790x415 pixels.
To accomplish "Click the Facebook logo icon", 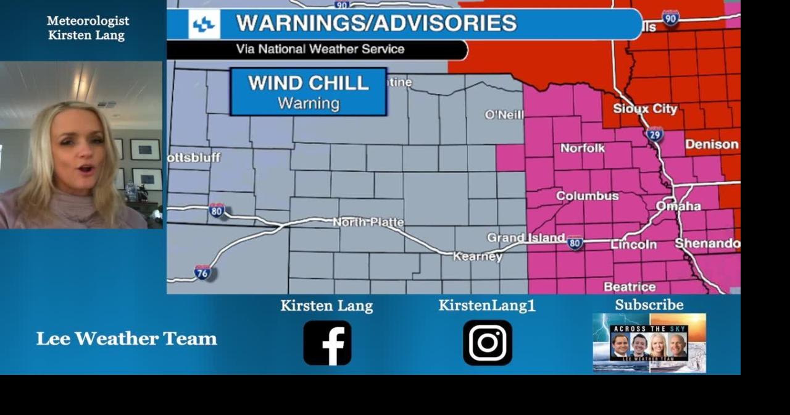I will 327,343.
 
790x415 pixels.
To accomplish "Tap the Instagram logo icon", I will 488,343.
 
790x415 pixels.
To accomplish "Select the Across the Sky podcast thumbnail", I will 649,343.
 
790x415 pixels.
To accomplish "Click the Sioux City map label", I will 644,109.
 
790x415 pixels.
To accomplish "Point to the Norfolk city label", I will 583,148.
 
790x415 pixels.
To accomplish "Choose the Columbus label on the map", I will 587,196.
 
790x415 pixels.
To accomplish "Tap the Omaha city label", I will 678,206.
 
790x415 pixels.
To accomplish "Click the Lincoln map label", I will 633,245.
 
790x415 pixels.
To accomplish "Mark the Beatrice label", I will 630,287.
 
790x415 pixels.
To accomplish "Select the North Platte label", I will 368,222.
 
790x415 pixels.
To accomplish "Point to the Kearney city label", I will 478,256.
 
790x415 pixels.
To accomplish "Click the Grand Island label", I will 525,238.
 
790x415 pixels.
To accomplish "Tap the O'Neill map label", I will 504,115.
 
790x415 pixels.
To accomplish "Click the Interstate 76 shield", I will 202,272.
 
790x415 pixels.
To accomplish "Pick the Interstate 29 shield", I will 655,134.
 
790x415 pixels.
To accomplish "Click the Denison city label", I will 712,145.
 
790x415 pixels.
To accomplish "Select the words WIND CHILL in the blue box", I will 308,83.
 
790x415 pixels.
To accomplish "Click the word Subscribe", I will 649,305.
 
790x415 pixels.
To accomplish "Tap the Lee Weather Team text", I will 127,338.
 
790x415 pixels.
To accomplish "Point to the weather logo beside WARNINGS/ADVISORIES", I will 204,25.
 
